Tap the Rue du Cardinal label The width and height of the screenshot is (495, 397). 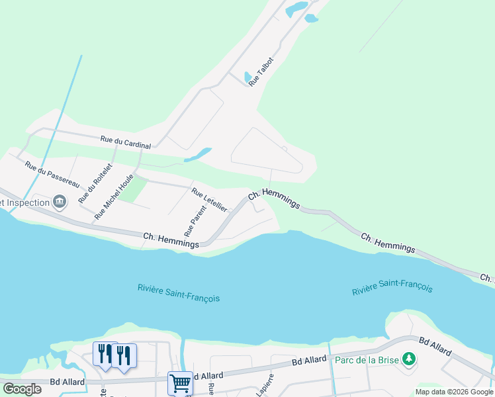pos(126,142)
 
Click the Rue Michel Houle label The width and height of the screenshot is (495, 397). pos(114,196)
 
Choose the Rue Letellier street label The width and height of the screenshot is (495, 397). pos(209,200)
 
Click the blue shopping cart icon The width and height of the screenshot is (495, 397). pos(180,382)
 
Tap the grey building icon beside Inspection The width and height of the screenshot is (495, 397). pos(59,201)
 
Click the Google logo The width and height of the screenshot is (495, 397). pos(22,389)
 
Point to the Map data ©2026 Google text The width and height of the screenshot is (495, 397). pos(454,392)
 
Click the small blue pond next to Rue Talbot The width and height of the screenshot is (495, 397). pos(247,77)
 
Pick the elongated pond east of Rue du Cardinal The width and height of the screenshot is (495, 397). pos(197,155)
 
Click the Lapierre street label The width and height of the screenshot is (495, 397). pos(263,386)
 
